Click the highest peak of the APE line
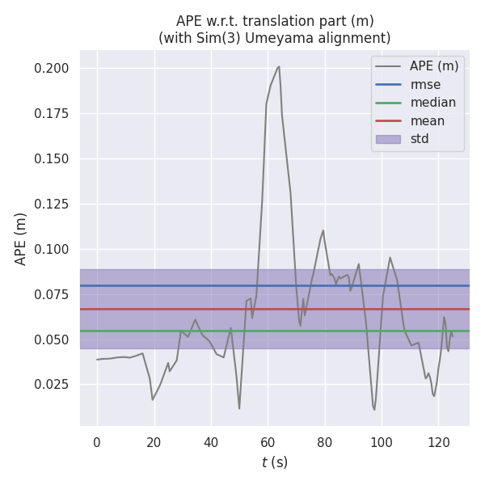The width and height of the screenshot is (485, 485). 279,66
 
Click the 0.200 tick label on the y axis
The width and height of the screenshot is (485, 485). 51,68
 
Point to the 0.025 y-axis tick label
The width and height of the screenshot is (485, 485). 51,384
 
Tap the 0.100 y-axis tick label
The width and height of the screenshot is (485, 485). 51,249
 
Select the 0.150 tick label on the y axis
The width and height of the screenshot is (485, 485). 51,158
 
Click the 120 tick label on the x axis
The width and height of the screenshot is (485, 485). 438,442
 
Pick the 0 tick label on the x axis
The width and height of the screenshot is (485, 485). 97,442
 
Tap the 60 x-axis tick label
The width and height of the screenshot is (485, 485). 268,442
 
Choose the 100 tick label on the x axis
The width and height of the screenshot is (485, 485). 382,442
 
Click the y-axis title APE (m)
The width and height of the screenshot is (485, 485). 21,238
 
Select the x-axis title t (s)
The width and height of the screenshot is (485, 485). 275,462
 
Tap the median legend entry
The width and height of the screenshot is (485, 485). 432,103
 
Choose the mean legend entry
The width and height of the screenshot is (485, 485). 427,121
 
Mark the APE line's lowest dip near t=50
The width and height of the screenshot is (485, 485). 239,408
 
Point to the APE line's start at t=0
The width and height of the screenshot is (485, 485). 97,360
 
